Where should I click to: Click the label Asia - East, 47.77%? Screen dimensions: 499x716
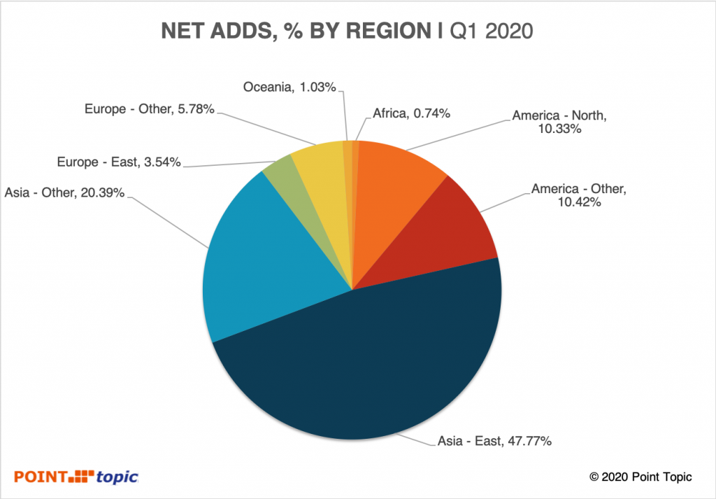[496, 442]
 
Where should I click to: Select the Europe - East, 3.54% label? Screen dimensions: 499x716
[119, 162]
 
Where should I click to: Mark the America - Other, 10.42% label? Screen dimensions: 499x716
[581, 195]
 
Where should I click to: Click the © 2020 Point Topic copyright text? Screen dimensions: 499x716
[640, 477]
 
